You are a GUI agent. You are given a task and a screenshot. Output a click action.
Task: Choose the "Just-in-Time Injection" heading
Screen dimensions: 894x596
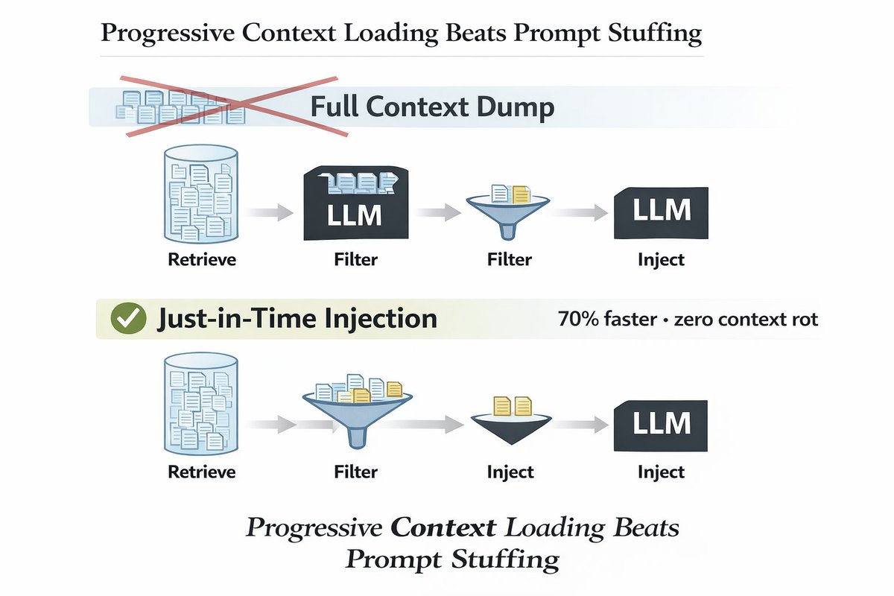click(x=297, y=319)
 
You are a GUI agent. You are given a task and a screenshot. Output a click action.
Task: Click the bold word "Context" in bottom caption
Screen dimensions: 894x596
click(x=443, y=527)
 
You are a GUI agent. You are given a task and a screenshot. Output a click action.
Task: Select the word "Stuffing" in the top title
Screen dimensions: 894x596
click(x=653, y=34)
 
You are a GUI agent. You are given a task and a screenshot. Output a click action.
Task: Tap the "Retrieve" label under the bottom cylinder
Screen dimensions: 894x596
click(x=201, y=472)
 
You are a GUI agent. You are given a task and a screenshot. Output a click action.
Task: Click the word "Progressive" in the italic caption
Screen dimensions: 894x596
click(x=314, y=527)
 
